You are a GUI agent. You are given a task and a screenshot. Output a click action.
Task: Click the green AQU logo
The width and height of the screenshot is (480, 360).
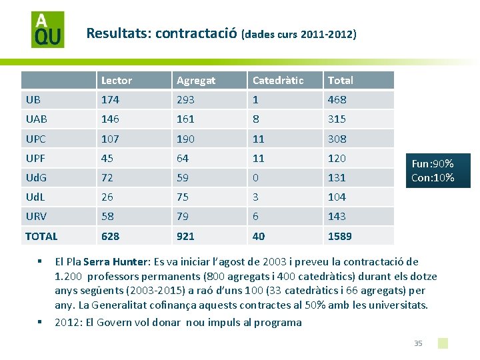[x=48, y=29]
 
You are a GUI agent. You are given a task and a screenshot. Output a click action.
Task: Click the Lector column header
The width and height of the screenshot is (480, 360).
[x=117, y=81]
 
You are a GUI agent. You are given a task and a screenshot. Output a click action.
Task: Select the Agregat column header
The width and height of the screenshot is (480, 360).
[x=196, y=81]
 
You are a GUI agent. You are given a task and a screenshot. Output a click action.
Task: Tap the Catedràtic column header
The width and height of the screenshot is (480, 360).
[x=278, y=81]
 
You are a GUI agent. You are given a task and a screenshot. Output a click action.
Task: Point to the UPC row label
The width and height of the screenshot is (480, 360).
[x=36, y=139]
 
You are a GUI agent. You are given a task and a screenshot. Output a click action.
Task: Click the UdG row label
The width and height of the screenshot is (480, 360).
[x=36, y=177]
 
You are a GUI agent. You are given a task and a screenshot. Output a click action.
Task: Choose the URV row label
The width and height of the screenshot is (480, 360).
[x=36, y=217]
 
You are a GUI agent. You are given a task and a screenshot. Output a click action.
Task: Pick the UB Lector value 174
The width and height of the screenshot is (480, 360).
[x=110, y=100]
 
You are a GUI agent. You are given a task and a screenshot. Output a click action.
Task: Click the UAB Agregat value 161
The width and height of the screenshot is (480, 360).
[x=185, y=119]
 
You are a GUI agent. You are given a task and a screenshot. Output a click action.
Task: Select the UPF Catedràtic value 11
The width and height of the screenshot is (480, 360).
[x=259, y=158]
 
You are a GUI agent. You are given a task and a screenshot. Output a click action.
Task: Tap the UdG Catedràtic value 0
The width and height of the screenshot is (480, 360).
[x=255, y=177]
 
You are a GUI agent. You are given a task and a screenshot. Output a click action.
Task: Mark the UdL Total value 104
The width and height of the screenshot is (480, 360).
[x=337, y=197]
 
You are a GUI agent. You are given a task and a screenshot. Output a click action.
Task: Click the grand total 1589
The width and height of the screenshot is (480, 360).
[x=340, y=236]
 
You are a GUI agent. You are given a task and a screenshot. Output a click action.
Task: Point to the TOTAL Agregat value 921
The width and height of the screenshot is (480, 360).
[x=185, y=236]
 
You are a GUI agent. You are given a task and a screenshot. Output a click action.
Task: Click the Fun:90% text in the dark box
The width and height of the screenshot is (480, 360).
[x=433, y=164]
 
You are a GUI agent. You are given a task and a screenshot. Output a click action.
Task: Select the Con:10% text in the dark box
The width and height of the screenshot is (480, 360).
[x=433, y=177]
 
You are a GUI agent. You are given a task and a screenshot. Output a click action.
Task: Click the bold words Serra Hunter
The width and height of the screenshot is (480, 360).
[x=115, y=262]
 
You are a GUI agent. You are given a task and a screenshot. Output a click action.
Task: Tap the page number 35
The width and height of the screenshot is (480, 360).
[x=418, y=343]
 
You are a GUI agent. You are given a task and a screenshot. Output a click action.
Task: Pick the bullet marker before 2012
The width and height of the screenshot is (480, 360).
[x=39, y=322]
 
